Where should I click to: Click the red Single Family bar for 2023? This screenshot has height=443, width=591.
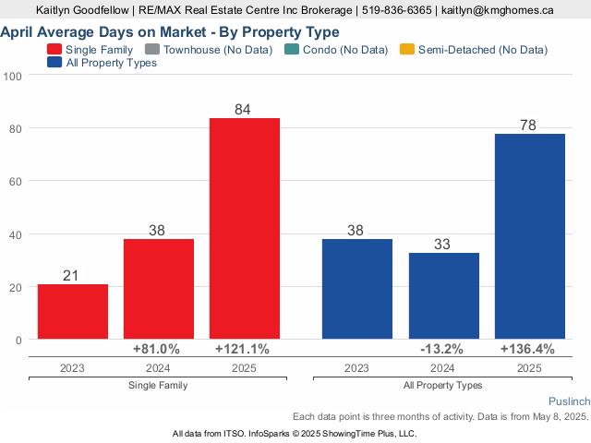pyautogui.click(x=73, y=311)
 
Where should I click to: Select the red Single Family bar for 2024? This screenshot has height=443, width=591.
pyautogui.click(x=159, y=289)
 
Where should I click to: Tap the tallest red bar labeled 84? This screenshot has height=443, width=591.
pyautogui.click(x=245, y=228)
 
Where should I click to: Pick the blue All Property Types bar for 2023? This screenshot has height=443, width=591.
pyautogui.click(x=357, y=289)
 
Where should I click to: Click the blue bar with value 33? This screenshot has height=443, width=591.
pyautogui.click(x=444, y=295)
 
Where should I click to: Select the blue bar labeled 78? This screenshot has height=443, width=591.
pyautogui.click(x=530, y=236)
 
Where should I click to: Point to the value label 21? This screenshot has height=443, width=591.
pyautogui.click(x=73, y=275)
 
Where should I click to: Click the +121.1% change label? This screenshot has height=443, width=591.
pyautogui.click(x=242, y=350)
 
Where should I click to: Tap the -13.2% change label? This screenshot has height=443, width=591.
pyautogui.click(x=441, y=350)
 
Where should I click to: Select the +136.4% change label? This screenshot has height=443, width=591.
pyautogui.click(x=527, y=350)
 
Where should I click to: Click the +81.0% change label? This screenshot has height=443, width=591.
pyautogui.click(x=156, y=350)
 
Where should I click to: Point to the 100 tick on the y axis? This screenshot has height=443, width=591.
pyautogui.click(x=13, y=76)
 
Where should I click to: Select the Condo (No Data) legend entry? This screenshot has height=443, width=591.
pyautogui.click(x=339, y=49)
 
